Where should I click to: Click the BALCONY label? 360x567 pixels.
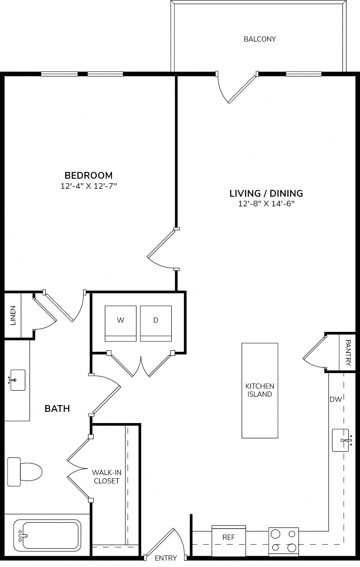click(x=260, y=39)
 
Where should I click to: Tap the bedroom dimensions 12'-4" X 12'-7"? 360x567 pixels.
click(x=89, y=186)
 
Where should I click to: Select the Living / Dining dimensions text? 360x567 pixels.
click(x=266, y=204)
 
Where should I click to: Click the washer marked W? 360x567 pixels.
click(x=120, y=323)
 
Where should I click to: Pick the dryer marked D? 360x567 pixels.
click(x=156, y=323)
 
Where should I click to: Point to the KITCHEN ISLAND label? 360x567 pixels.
click(x=260, y=390)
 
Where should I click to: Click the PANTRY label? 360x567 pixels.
click(x=348, y=353)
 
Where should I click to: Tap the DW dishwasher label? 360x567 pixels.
click(x=336, y=399)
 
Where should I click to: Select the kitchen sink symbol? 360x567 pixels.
click(x=342, y=440)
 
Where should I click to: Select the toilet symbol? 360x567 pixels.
click(x=24, y=472)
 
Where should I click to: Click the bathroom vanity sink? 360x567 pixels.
click(x=18, y=380)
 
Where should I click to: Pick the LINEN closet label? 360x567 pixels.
click(x=13, y=315)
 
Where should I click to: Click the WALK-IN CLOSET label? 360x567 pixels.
click(x=106, y=477)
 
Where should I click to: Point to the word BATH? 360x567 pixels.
click(x=57, y=409)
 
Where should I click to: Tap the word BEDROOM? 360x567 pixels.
click(x=89, y=175)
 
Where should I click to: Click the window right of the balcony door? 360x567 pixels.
click(x=304, y=74)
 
